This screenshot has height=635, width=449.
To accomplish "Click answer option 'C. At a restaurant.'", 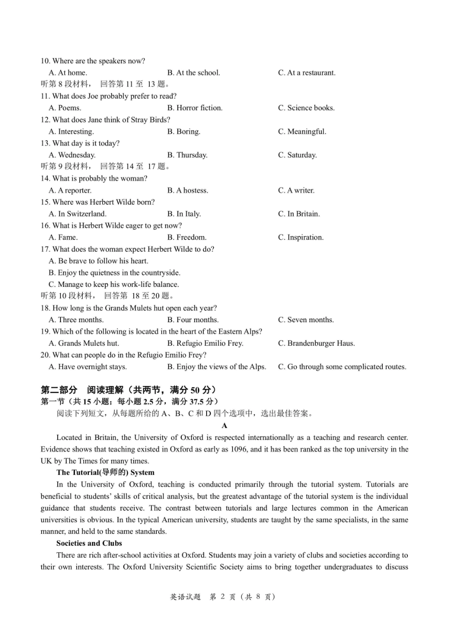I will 307,73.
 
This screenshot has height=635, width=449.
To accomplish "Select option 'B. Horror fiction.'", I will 195,108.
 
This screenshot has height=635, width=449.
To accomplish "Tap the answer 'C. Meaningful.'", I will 302,131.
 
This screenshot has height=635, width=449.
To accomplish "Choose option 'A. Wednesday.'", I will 72,155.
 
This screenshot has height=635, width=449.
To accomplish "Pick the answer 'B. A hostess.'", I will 188,190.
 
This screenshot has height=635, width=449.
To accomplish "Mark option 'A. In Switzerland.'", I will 78,214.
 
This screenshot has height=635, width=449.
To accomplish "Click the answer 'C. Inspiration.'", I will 301,237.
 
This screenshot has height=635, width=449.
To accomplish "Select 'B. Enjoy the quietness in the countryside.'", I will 114,273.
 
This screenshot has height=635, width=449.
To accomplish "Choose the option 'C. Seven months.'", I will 306,320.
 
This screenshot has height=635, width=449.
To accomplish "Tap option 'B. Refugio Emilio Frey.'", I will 205,343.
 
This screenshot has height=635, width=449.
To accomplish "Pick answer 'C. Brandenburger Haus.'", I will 316,343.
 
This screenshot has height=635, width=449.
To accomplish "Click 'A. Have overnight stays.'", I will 87,367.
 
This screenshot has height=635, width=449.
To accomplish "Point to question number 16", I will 45,225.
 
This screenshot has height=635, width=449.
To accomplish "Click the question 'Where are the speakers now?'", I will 99,61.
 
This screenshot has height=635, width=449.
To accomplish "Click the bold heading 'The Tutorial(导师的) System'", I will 105,472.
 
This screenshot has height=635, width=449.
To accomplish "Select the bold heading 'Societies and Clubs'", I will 89,543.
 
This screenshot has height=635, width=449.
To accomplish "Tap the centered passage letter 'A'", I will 224,426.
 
